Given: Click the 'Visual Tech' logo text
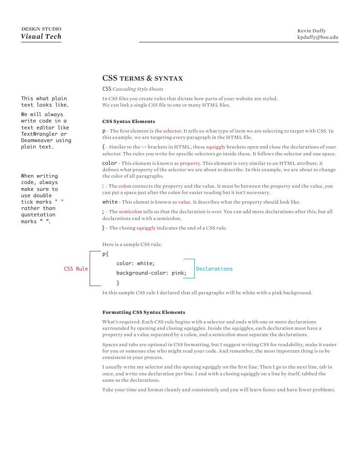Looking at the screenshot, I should [41, 37].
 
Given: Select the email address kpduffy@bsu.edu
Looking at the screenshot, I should [318, 37].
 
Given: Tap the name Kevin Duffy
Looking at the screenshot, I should [311, 31].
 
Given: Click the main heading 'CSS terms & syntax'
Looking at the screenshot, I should [142, 78].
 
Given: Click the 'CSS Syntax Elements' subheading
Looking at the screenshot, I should [128, 121].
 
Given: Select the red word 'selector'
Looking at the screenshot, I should [172, 131].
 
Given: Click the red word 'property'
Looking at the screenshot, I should [190, 163].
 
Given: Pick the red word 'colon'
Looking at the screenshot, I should [125, 186].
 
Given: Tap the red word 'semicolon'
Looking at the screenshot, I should [130, 211].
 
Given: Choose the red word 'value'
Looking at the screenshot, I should [184, 202].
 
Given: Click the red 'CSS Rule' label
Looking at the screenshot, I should [76, 269].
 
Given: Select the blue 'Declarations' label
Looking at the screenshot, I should [214, 269].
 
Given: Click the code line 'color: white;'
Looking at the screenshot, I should [136, 263].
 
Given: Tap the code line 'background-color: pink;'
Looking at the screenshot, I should [151, 273].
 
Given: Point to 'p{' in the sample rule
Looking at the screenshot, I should [106, 254].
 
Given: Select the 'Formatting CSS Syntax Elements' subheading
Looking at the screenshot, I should [143, 312].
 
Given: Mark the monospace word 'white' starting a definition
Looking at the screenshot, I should [110, 202].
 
